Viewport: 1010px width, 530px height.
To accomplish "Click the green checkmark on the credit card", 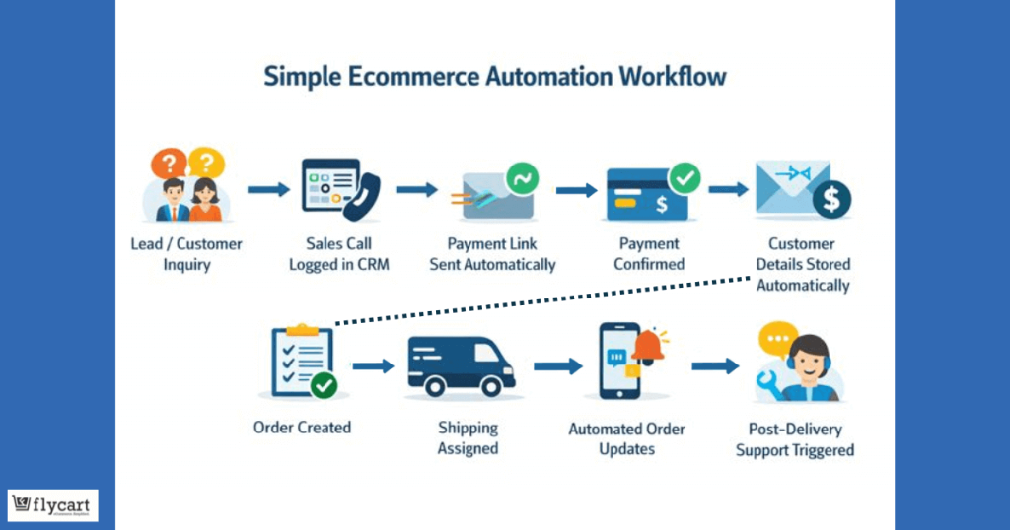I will (x=684, y=179).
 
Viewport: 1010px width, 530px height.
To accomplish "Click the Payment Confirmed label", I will (x=650, y=254).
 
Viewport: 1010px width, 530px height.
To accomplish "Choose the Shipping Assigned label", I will (x=468, y=438).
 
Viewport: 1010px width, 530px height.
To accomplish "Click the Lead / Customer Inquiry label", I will (x=186, y=254).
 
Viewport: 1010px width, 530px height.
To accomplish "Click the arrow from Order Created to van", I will (x=373, y=366).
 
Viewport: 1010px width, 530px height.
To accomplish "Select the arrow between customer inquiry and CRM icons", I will (x=268, y=189).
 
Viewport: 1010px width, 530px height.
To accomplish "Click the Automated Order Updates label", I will (x=627, y=439).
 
